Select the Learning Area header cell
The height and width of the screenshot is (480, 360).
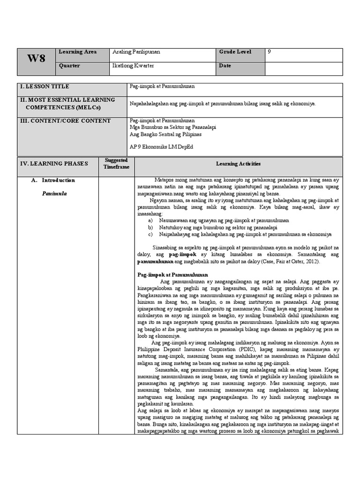77,52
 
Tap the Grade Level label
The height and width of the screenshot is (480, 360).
235,52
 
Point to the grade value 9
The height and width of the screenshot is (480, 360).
269,52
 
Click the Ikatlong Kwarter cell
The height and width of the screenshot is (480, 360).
133,66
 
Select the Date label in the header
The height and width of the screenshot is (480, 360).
225,66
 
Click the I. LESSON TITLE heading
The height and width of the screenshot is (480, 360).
45,87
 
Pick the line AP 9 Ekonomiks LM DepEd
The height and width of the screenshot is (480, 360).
161,147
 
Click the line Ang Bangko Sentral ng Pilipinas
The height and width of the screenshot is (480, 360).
165,134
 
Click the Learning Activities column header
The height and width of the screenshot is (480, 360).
238,164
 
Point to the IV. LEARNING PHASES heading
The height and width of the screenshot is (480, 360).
53,164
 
